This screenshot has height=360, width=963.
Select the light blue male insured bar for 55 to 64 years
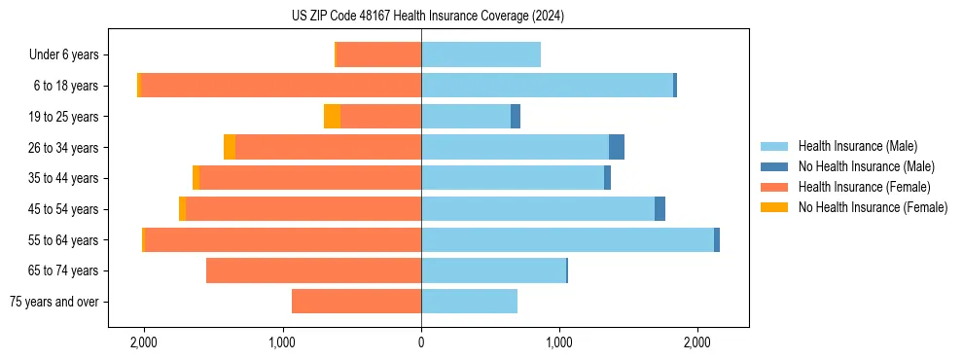pyautogui.click(x=567, y=240)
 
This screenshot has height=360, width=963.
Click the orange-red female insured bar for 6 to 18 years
pyautogui.click(x=281, y=86)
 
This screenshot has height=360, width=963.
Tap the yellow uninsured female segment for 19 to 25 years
pyautogui.click(x=332, y=117)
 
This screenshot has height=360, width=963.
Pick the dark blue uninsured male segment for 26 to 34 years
pyautogui.click(x=617, y=148)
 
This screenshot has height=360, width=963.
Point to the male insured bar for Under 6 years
pyautogui.click(x=481, y=54)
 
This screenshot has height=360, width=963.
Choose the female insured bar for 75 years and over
pyautogui.click(x=356, y=302)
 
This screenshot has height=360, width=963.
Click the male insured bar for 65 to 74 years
pyautogui.click(x=493, y=270)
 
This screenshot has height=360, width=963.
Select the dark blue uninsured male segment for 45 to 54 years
pyautogui.click(x=660, y=209)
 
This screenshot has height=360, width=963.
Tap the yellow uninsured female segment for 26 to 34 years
pyautogui.click(x=230, y=148)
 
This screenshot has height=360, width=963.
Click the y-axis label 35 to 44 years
pyautogui.click(x=69, y=178)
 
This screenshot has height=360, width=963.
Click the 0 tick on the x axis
pyautogui.click(x=421, y=342)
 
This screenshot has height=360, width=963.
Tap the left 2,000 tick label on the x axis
pyautogui.click(x=144, y=342)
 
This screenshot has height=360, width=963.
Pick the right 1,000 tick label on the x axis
pyautogui.click(x=559, y=342)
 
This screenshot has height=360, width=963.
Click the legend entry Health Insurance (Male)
pyautogui.click(x=857, y=146)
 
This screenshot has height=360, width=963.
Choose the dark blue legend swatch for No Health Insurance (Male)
pyautogui.click(x=775, y=166)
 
